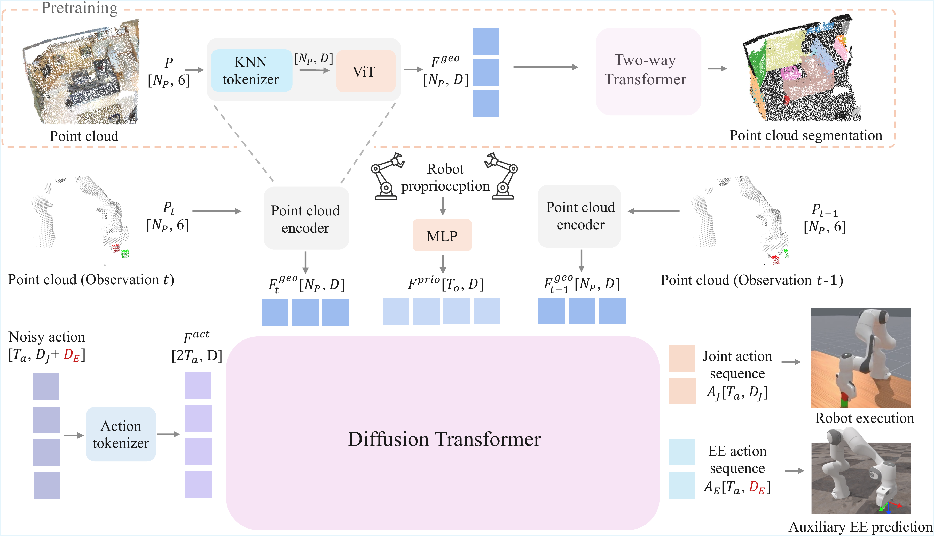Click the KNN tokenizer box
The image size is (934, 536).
coord(251,71)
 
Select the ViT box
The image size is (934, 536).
coord(365,71)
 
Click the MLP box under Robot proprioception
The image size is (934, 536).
coord(442,235)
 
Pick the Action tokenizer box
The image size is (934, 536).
coord(121,434)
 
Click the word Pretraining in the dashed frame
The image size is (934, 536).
coord(79,8)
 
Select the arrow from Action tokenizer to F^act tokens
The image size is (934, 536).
coord(168,434)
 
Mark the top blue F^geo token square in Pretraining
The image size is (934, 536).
coord(486,42)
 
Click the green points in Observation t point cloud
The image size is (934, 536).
coord(125,254)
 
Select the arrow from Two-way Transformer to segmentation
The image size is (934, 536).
coord(717,68)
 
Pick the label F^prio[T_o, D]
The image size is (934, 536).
coord(445,284)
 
